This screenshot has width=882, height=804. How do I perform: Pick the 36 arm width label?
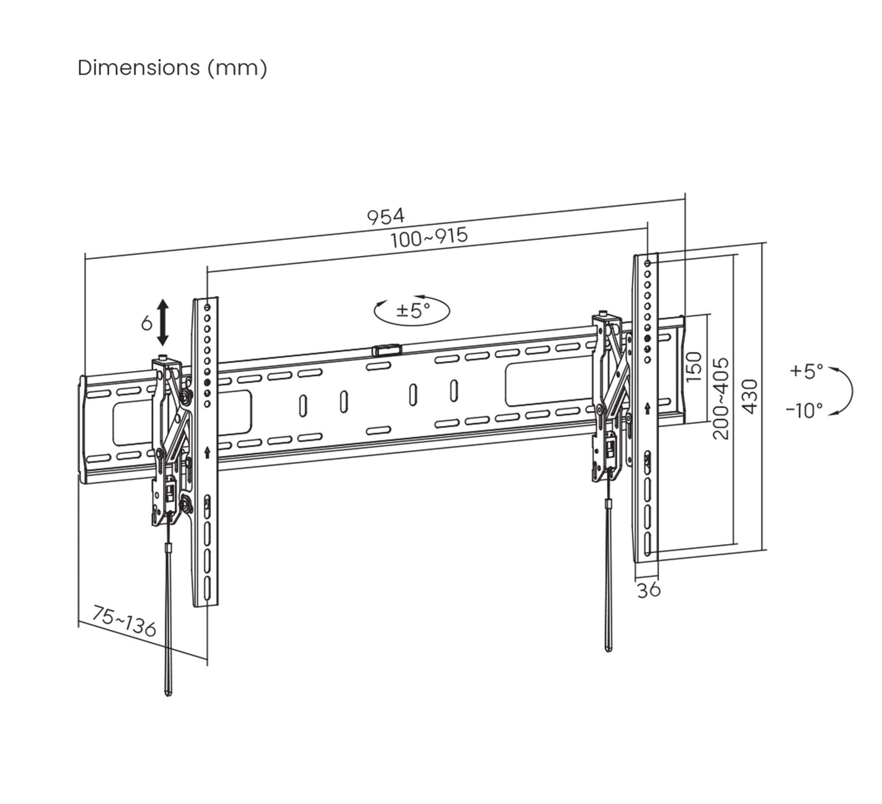(649, 590)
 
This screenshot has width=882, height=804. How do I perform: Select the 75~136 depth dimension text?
(124, 622)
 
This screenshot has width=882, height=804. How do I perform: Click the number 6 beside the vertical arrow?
(146, 324)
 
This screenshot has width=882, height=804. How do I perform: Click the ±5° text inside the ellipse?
(413, 310)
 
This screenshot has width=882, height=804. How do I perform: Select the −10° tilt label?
(804, 410)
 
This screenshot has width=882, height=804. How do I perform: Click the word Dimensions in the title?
(138, 68)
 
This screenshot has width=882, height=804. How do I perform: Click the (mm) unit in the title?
(238, 68)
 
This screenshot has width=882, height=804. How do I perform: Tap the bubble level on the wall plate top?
(387, 350)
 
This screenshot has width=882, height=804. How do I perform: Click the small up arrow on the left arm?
(207, 452)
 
